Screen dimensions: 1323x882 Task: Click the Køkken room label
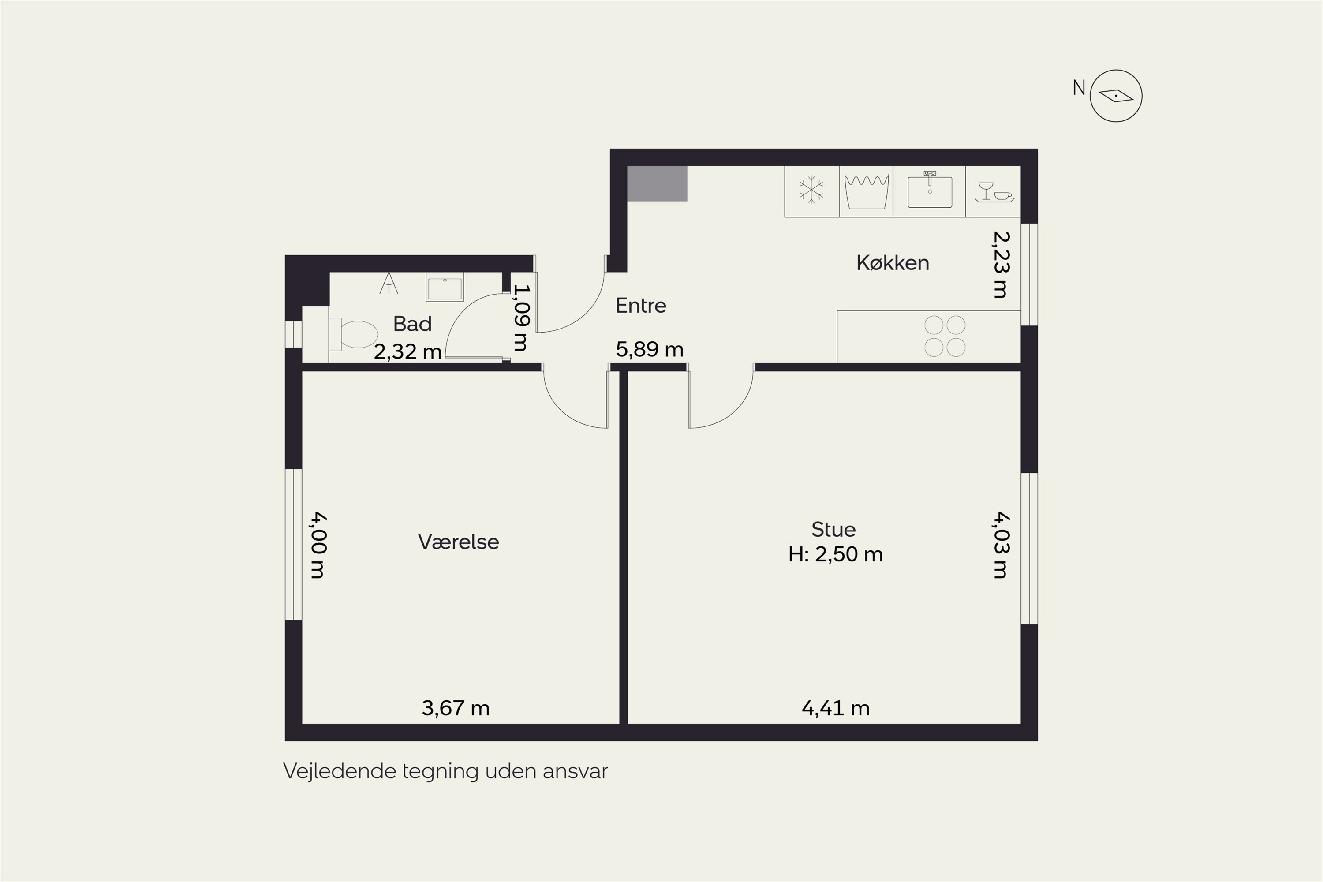pyautogui.click(x=893, y=263)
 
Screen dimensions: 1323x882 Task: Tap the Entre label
pyautogui.click(x=641, y=306)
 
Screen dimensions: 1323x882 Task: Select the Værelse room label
pyautogui.click(x=459, y=542)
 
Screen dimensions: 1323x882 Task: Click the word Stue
pyautogui.click(x=833, y=529)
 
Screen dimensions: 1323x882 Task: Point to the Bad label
pyautogui.click(x=412, y=324)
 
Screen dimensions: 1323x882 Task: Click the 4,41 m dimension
pyautogui.click(x=835, y=708)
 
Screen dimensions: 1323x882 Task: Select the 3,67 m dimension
pyautogui.click(x=456, y=708)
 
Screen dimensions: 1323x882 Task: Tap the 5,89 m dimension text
pyautogui.click(x=650, y=349)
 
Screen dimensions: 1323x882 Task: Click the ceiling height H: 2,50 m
pyautogui.click(x=835, y=555)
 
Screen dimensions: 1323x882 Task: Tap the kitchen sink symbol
pyautogui.click(x=930, y=190)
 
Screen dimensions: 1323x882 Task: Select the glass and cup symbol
pyautogui.click(x=994, y=192)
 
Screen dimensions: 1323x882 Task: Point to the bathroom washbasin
pyautogui.click(x=445, y=288)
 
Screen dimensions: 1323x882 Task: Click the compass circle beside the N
pyautogui.click(x=1116, y=96)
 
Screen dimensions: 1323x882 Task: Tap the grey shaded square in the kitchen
pyautogui.click(x=657, y=183)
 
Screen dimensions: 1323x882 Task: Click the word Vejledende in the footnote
pyautogui.click(x=340, y=771)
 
